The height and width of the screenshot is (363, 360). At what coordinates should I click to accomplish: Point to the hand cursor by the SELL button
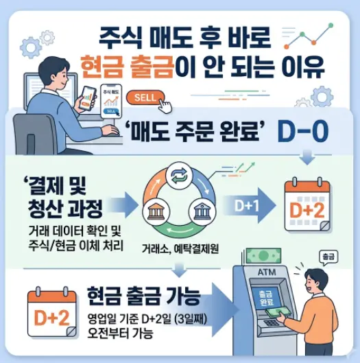coord(165,104)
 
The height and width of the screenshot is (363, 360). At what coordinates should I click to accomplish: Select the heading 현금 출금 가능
coord(143,297)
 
